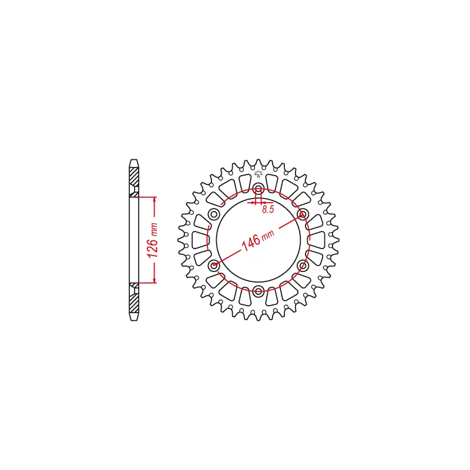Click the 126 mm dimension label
153,240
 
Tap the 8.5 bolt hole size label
268,209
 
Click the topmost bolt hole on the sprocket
258,189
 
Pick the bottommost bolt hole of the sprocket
258,290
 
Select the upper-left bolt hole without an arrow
214,214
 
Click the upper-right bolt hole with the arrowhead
303,214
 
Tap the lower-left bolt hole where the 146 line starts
214,266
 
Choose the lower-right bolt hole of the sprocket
303,266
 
